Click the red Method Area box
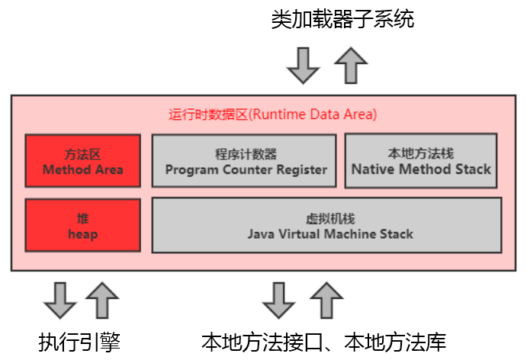pyautogui.click(x=82, y=160)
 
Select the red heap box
pyautogui.click(x=82, y=225)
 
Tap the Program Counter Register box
pyautogui.click(x=245, y=161)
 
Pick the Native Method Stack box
pyautogui.click(x=421, y=160)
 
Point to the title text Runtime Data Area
pyautogui.click(x=272, y=115)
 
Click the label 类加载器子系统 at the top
pyautogui.click(x=342, y=19)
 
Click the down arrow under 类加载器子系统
pyautogui.click(x=304, y=65)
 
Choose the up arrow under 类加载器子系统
pyautogui.click(x=351, y=64)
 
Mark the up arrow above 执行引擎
pyautogui.click(x=102, y=299)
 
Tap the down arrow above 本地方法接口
pyautogui.click(x=278, y=300)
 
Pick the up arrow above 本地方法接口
pyautogui.click(x=328, y=299)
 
